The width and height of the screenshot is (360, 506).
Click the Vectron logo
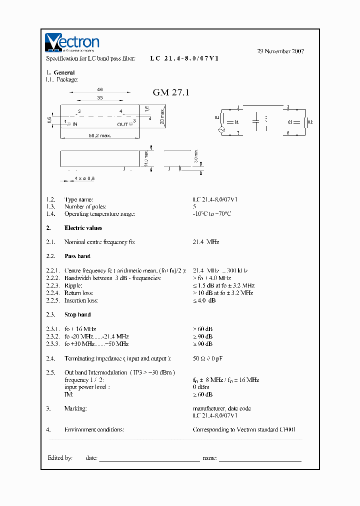[x=72, y=43]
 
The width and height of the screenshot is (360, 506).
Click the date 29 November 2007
[x=280, y=51]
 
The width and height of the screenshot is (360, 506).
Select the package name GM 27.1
[x=171, y=92]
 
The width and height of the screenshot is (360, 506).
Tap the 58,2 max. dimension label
[x=100, y=135]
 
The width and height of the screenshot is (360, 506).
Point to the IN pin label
[x=75, y=124]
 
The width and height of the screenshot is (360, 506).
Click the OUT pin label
[x=122, y=124]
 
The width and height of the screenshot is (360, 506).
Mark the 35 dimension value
[x=100, y=98]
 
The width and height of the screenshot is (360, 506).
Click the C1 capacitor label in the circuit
[x=237, y=121]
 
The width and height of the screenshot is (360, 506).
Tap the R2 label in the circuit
[x=310, y=121]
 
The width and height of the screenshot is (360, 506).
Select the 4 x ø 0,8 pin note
[x=84, y=178]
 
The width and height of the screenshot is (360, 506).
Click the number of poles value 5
[x=194, y=206]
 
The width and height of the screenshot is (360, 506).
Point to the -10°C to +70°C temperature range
[x=212, y=214]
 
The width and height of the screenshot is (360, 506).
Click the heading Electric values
[x=83, y=228]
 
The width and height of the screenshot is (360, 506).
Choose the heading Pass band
[x=77, y=256]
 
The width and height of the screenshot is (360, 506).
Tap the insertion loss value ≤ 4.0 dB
[x=204, y=300]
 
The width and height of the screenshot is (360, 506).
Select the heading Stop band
[x=77, y=314]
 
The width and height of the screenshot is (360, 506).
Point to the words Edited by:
[x=60, y=457]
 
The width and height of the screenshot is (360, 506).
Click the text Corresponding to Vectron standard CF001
[x=247, y=429]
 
